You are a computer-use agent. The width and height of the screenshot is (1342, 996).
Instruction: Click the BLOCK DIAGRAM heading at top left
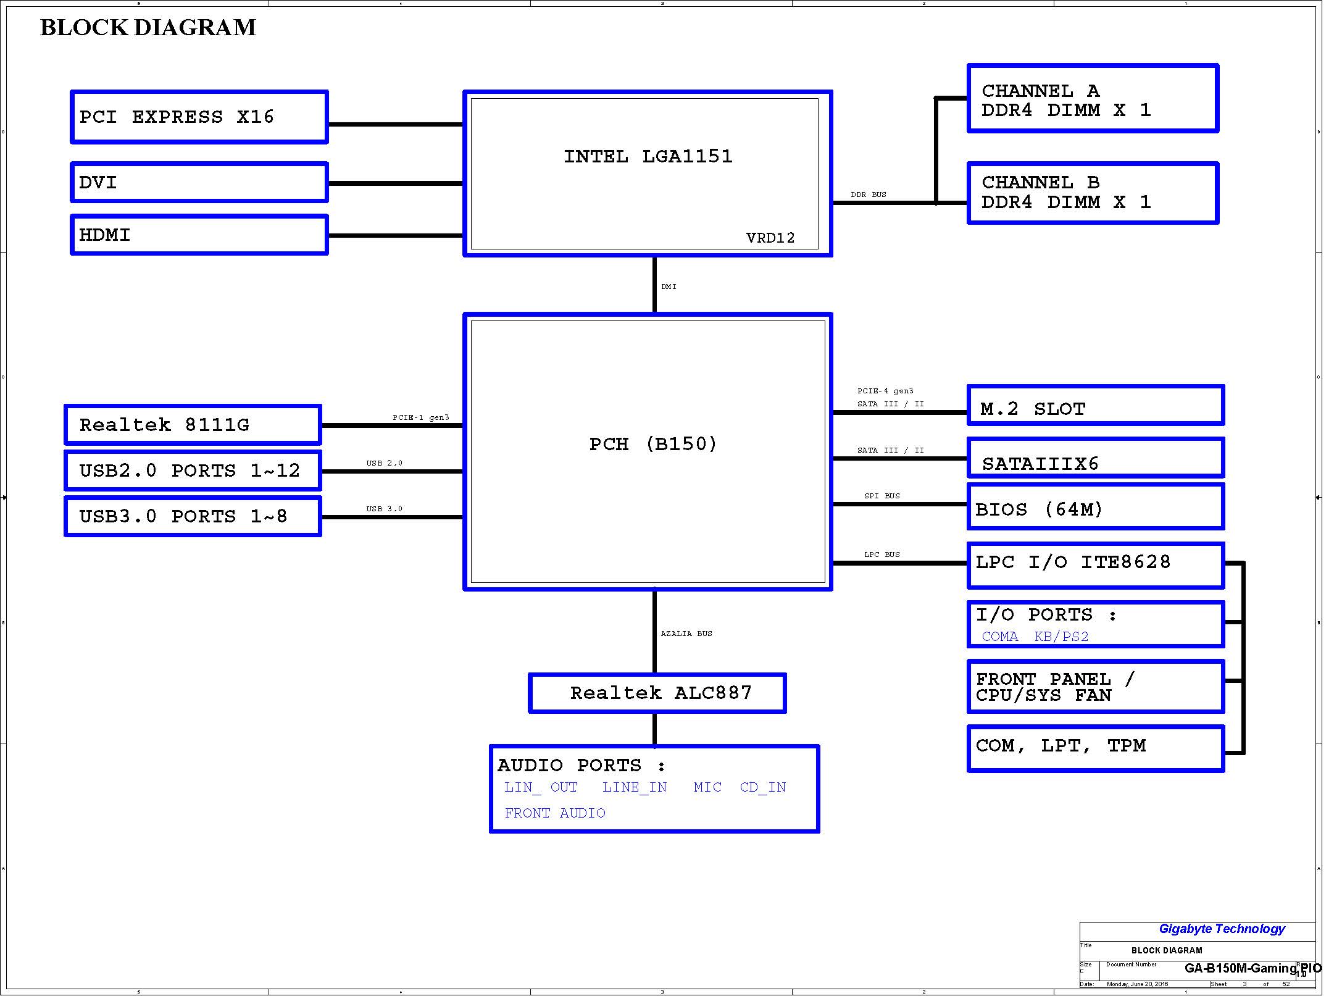(x=148, y=28)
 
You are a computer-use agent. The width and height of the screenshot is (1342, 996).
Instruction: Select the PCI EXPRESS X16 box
(x=199, y=117)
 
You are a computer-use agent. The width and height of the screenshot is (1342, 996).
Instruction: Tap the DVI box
(x=199, y=183)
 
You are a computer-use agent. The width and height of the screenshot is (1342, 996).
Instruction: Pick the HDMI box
(x=199, y=235)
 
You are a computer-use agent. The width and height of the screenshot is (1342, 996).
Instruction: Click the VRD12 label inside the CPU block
(x=770, y=238)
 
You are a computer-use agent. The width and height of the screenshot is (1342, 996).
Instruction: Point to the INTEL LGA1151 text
(x=648, y=156)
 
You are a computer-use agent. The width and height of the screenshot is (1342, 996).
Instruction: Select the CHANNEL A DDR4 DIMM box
(x=1092, y=99)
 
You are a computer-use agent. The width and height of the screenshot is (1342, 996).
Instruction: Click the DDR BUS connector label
(x=868, y=195)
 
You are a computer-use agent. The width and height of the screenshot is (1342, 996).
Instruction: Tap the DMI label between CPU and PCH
(x=669, y=287)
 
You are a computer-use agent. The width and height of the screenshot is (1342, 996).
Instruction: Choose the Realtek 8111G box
(x=193, y=425)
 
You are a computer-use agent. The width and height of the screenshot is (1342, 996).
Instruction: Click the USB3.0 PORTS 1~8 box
(x=193, y=516)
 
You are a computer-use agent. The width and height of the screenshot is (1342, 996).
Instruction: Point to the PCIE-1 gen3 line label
(x=420, y=417)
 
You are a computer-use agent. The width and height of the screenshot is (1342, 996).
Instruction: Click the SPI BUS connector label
(x=881, y=496)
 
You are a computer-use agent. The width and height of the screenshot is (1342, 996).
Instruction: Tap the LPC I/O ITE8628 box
(x=1095, y=564)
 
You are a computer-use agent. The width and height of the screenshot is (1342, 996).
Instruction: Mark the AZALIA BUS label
(x=686, y=634)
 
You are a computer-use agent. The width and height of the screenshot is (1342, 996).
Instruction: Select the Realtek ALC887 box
(x=657, y=693)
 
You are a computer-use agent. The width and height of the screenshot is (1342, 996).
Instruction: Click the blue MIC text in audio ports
(x=707, y=787)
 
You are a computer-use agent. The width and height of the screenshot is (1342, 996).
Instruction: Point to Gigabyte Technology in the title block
(x=1221, y=929)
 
